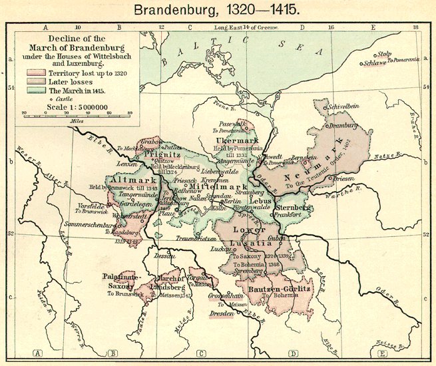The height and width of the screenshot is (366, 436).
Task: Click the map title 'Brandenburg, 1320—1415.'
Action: [x=217, y=11]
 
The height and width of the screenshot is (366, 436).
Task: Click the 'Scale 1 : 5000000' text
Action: [x=76, y=105]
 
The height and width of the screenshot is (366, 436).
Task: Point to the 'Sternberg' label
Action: [x=293, y=208]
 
